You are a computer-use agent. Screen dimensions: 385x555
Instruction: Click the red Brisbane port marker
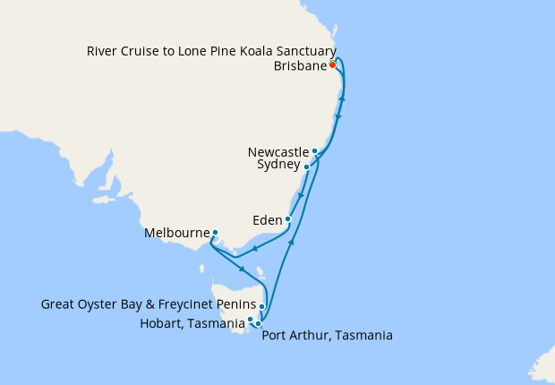coord(332,64)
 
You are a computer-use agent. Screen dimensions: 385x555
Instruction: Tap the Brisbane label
coord(299,66)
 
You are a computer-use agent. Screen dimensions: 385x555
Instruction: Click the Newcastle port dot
coord(315,151)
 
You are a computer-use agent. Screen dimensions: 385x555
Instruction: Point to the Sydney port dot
coord(306,167)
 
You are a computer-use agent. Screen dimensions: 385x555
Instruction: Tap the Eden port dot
coord(288,219)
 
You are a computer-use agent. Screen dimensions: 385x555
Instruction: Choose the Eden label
coord(268,218)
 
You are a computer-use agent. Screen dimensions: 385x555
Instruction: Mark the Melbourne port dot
coord(215,234)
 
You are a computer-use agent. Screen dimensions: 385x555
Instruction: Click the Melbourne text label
coord(176,235)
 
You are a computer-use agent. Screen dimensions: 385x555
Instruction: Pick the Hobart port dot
coord(251,319)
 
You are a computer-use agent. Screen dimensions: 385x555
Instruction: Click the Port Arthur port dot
coord(258,324)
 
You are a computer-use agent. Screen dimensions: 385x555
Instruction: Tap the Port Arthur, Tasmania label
coord(327,336)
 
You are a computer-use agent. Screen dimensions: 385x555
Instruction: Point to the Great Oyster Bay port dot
coord(262,306)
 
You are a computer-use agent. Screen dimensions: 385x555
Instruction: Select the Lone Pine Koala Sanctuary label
coord(211,51)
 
